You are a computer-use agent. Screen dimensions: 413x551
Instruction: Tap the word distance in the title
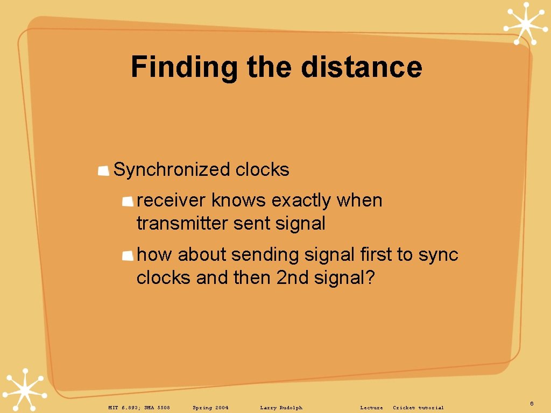coord(362,67)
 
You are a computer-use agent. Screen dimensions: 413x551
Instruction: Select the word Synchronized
coord(172,170)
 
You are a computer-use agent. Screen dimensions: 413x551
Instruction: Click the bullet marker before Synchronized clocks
coord(104,171)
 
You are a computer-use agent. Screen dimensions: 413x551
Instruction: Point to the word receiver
coord(171,201)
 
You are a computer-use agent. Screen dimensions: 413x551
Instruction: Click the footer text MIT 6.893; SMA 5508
coord(139,408)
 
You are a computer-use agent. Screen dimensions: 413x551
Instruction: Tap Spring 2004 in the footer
coord(210,408)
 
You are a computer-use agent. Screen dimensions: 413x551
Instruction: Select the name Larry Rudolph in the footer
coord(281,408)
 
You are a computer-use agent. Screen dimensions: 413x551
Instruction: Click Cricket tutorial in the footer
coord(418,408)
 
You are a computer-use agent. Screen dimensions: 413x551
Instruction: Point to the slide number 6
coord(532,403)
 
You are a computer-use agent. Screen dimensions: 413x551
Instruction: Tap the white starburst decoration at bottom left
coord(24,389)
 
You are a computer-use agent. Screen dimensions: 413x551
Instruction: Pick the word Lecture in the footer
coord(371,408)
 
